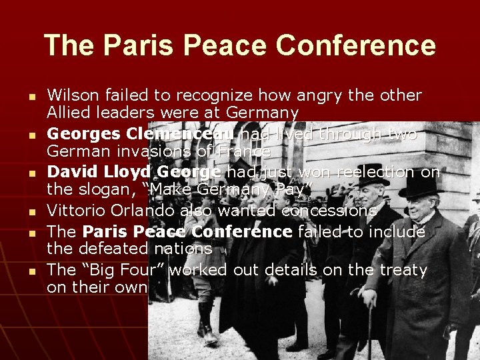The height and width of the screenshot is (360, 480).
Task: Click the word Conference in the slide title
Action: pos(355,46)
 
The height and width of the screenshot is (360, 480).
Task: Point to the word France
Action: pos(245,152)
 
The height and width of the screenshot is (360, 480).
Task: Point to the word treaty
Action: pos(402,270)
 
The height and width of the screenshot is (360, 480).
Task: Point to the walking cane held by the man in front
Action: pos(369,327)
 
